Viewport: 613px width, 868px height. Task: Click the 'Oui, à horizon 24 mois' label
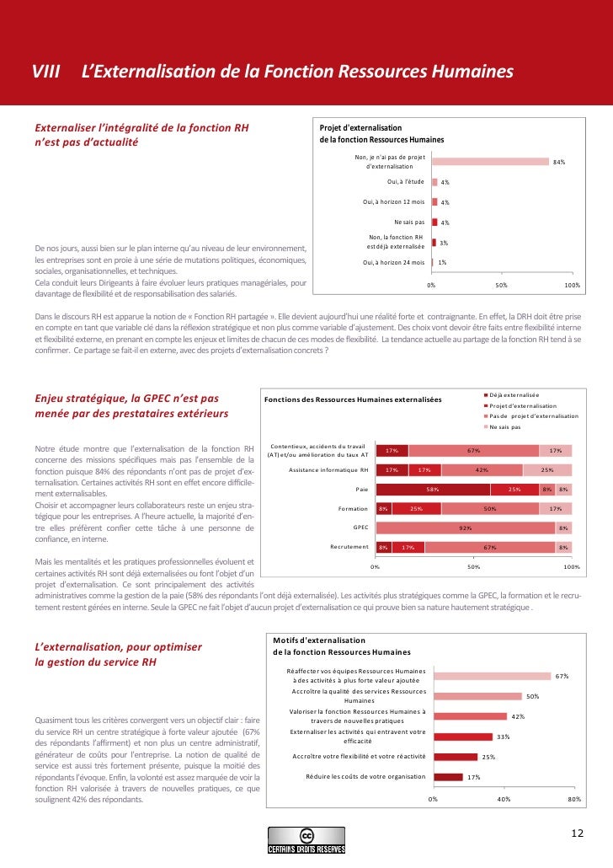pos(393,263)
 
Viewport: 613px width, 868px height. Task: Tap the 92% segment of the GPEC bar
pos(465,528)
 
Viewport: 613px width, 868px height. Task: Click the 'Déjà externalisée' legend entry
pos(516,394)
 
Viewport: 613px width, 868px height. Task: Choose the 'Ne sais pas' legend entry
pos(508,426)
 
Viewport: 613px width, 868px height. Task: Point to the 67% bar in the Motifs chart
pos(492,676)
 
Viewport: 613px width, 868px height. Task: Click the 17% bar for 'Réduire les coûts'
pos(447,777)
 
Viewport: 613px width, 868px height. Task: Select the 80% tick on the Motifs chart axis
pos(574,798)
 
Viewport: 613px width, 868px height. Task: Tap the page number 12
pos(577,833)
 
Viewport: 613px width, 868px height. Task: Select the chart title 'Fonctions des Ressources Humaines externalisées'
pos(353,399)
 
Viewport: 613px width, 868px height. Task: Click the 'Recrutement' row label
pos(350,547)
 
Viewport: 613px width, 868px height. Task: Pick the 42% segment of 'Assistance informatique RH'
pos(482,469)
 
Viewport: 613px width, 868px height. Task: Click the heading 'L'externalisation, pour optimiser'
pos(118,647)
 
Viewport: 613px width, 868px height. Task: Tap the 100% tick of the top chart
pos(573,287)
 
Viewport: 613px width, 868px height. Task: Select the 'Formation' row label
pos(354,508)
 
